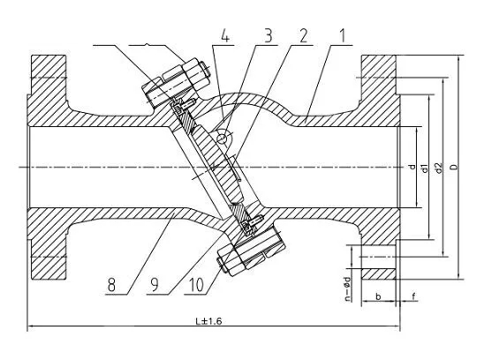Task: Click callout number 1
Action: (x=343, y=36)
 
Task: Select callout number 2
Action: (x=304, y=36)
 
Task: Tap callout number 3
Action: (x=268, y=36)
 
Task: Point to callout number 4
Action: (x=225, y=36)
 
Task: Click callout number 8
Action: (x=111, y=285)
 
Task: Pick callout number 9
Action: (x=154, y=285)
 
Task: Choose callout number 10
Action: (x=196, y=285)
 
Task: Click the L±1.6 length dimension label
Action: (x=208, y=321)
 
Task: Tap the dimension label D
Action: (x=454, y=167)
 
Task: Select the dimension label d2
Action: (x=439, y=168)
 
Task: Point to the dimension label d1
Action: (x=425, y=169)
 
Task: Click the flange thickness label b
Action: (x=378, y=296)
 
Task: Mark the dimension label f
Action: (x=414, y=296)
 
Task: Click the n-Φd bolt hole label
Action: (x=348, y=289)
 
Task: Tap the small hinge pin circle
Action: (x=222, y=139)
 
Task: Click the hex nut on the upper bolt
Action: (x=195, y=73)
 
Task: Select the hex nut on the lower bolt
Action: (x=231, y=259)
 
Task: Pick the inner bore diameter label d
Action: (x=412, y=167)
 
